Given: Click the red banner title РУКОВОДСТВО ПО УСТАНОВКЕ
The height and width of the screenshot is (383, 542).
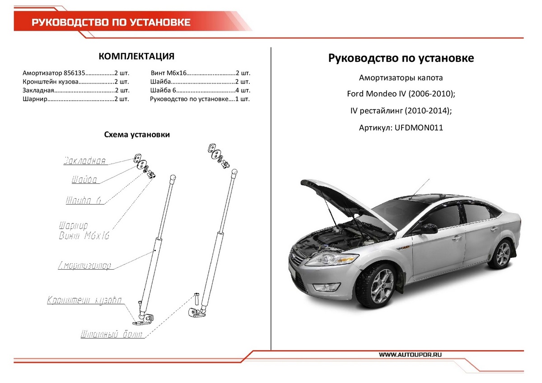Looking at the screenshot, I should pyautogui.click(x=111, y=23).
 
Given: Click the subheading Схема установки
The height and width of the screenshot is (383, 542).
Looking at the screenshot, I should pyautogui.click(x=137, y=134).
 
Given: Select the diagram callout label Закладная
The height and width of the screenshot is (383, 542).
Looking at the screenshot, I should pyautogui.click(x=84, y=161).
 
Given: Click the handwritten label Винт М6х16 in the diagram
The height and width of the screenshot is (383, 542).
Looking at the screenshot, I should pyautogui.click(x=84, y=236).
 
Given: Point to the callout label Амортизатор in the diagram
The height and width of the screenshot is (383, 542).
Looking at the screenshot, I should pyautogui.click(x=84, y=265).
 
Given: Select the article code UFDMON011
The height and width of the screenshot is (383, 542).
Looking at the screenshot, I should pyautogui.click(x=419, y=128).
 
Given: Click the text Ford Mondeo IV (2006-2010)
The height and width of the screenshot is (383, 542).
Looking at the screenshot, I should pyautogui.click(x=401, y=94).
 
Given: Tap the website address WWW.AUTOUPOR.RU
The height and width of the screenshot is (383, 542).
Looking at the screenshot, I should pyautogui.click(x=410, y=355).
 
